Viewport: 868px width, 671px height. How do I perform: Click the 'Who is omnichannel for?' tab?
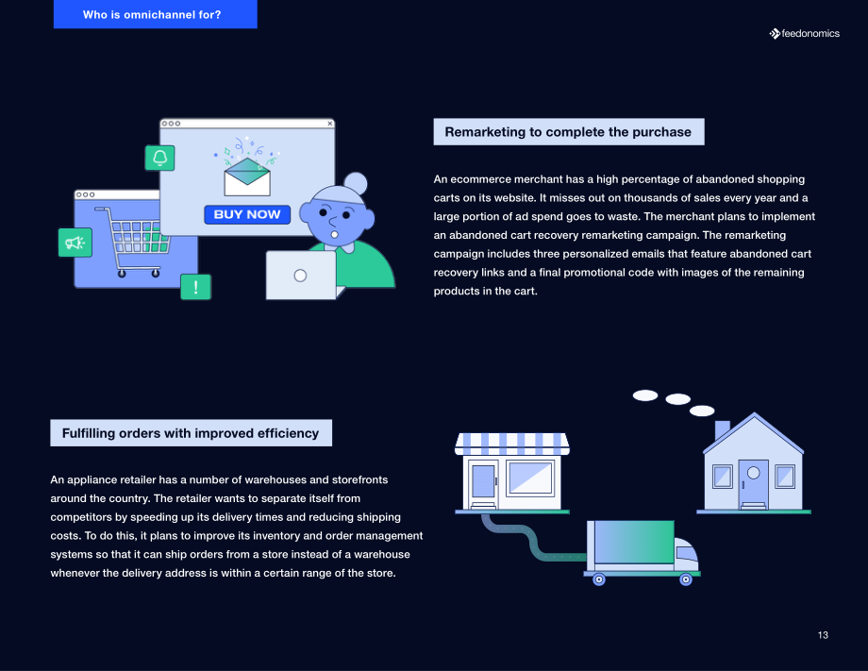click(x=155, y=14)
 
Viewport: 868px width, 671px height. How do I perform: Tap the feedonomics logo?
click(x=804, y=34)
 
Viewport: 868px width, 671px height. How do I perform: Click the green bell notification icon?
click(x=160, y=158)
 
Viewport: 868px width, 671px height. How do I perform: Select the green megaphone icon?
click(x=75, y=243)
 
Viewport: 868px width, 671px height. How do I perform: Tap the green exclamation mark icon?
click(x=196, y=287)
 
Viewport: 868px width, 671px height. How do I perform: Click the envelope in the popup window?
click(x=247, y=176)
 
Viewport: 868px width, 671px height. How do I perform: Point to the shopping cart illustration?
click(x=133, y=242)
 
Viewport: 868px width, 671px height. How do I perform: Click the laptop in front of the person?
click(x=301, y=276)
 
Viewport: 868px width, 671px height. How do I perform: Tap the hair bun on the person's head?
click(x=356, y=183)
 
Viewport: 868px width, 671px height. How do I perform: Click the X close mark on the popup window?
click(x=330, y=124)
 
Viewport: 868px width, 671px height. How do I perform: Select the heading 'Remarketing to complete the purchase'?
click(x=569, y=132)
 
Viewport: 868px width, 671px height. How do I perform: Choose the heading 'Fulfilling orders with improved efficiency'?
click(x=191, y=433)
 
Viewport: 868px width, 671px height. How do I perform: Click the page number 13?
click(x=823, y=635)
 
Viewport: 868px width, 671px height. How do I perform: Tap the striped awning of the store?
click(x=512, y=444)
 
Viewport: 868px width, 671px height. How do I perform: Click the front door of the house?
click(x=754, y=484)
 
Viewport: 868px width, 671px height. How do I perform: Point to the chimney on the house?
click(x=722, y=429)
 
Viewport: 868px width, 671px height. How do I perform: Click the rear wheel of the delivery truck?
click(x=599, y=579)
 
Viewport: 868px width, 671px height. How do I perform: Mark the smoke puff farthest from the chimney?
click(x=645, y=395)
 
